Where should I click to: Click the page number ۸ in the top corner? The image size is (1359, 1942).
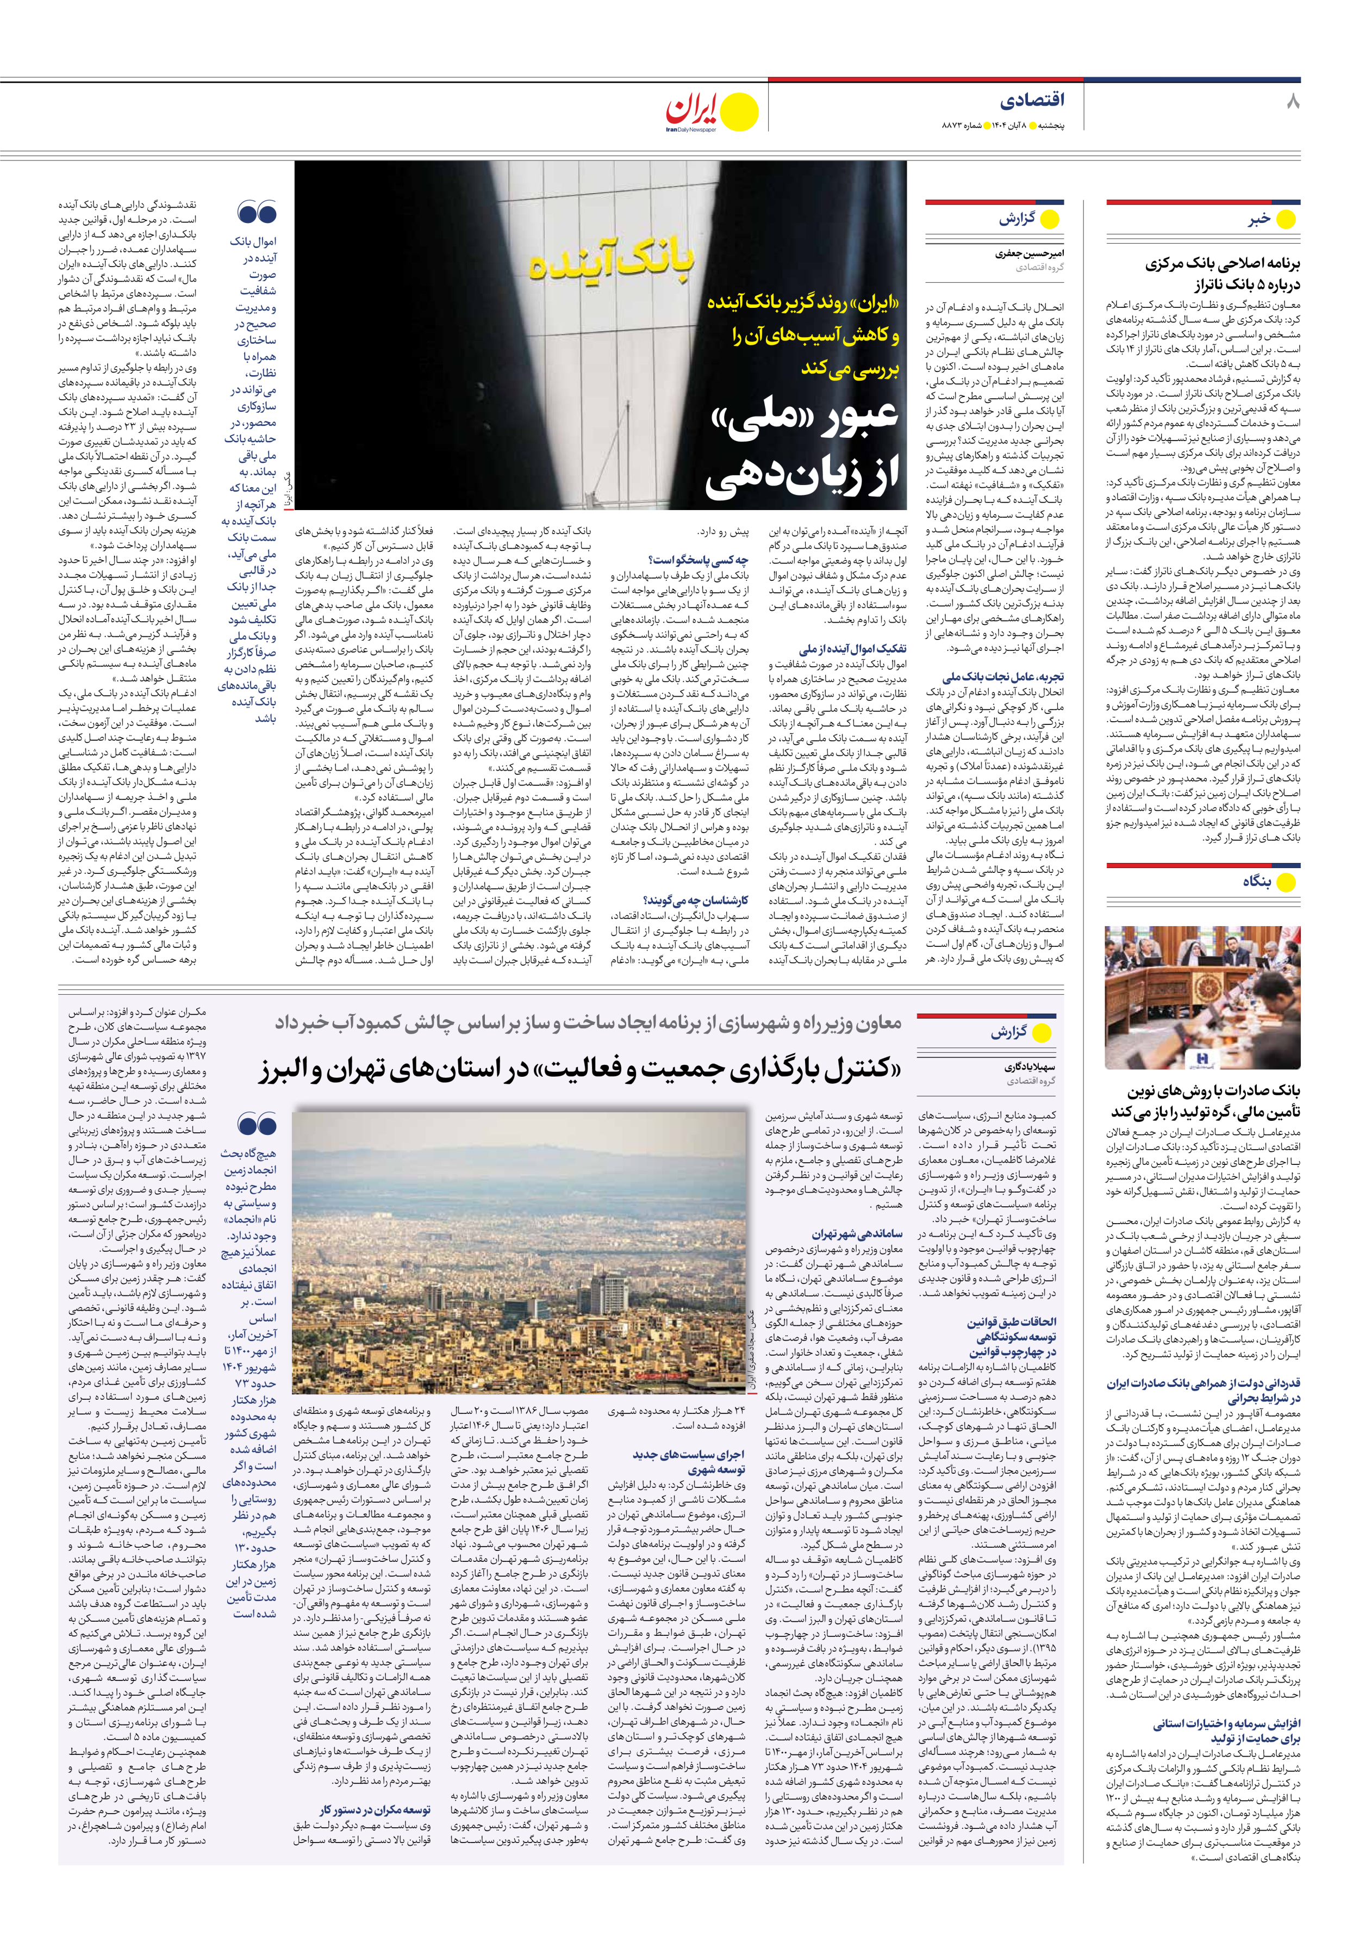point(1292,102)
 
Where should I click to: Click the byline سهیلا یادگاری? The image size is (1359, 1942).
point(1030,1068)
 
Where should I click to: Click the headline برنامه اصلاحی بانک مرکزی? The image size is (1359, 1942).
point(1223,264)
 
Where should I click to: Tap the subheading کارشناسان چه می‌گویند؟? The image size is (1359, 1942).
point(696,900)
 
